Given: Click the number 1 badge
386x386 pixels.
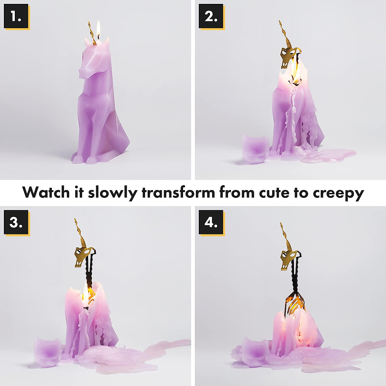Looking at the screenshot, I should pos(16,17).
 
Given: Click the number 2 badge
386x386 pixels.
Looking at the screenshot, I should pos(211,17).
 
